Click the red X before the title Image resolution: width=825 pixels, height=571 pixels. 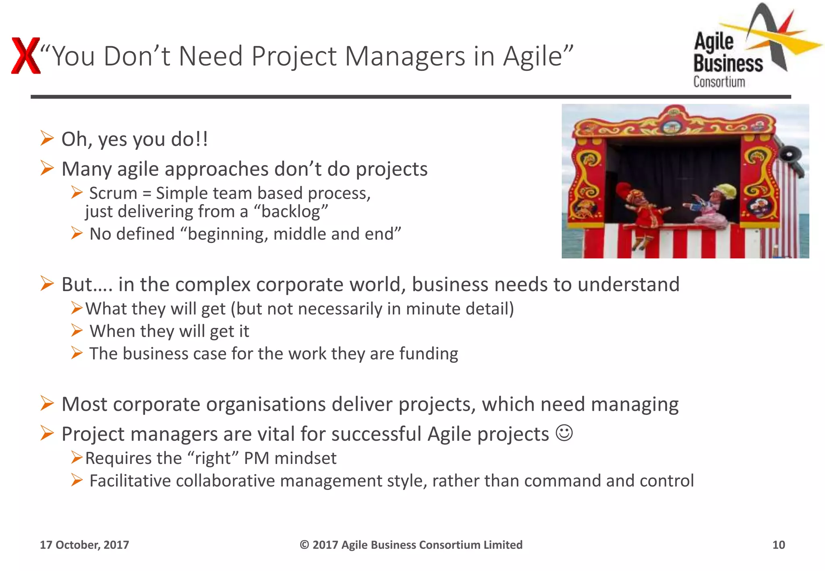pyautogui.click(x=25, y=56)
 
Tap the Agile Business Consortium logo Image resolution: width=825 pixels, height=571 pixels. pyautogui.click(x=749, y=46)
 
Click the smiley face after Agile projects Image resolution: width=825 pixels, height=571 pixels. pyautogui.click(x=564, y=433)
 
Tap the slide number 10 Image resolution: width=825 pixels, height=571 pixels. pyautogui.click(x=778, y=545)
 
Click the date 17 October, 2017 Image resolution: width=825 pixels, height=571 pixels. pyautogui.click(x=84, y=545)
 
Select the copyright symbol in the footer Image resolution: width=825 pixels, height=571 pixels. pyautogui.click(x=304, y=545)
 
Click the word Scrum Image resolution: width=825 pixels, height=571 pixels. pyautogui.click(x=113, y=193)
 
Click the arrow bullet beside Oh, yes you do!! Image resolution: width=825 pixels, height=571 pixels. pyautogui.click(x=47, y=139)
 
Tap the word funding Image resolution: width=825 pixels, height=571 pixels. pyautogui.click(x=429, y=354)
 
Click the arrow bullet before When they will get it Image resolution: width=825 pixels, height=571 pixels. pyautogui.click(x=77, y=331)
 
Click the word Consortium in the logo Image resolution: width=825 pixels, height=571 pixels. pyautogui.click(x=719, y=82)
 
